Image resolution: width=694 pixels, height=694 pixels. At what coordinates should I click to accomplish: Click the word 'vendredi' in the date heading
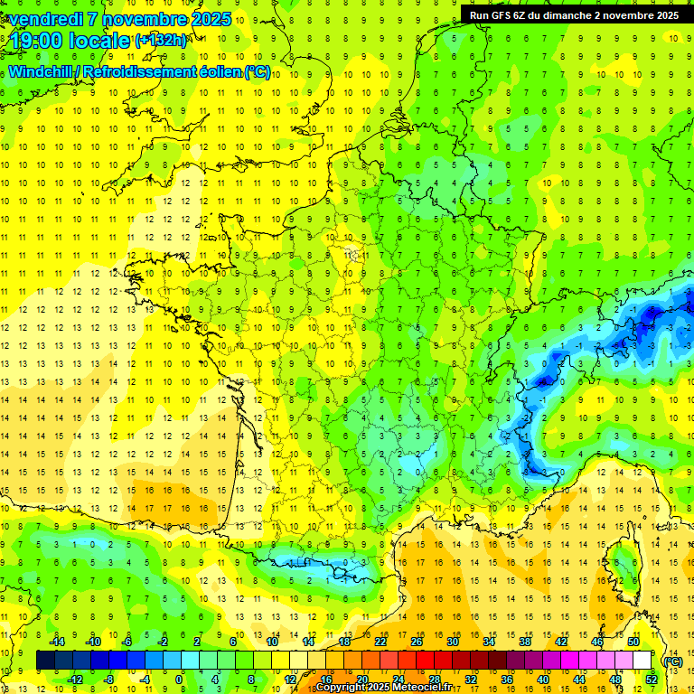click(44, 19)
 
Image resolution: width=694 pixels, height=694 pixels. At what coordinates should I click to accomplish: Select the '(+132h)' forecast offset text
click(161, 41)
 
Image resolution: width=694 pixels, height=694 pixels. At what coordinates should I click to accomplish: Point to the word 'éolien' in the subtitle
click(214, 71)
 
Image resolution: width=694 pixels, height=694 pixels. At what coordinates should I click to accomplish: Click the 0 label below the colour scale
click(179, 680)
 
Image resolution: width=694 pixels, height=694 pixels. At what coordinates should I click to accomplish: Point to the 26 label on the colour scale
click(417, 642)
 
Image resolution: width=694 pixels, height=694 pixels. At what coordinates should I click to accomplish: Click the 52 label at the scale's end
click(651, 680)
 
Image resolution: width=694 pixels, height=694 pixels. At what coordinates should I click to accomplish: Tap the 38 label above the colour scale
click(524, 642)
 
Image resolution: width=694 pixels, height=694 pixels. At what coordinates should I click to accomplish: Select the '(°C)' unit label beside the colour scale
click(673, 661)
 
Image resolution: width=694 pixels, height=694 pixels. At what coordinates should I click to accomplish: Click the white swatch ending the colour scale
click(642, 661)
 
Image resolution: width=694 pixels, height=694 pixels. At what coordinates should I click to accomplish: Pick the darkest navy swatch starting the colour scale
click(45, 661)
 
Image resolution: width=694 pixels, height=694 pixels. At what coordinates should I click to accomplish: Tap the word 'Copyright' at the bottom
click(342, 688)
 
